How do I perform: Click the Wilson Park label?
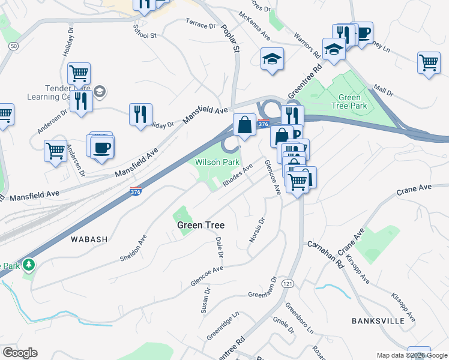click(214, 162)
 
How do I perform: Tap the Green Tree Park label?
click(350, 102)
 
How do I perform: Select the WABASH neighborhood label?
click(89, 239)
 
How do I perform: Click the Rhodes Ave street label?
click(238, 176)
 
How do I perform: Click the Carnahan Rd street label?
click(327, 255)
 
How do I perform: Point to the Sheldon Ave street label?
click(134, 248)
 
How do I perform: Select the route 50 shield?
click(14, 46)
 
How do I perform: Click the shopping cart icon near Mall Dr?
click(429, 62)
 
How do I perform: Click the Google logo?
click(20, 353)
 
